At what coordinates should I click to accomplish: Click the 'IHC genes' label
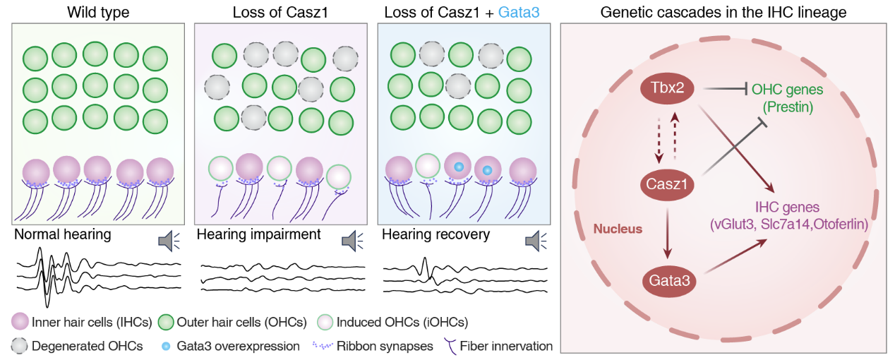pyautogui.click(x=786, y=208)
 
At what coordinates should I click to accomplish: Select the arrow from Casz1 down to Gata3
pyautogui.click(x=667, y=233)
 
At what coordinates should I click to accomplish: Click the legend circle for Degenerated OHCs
pyautogui.click(x=20, y=347)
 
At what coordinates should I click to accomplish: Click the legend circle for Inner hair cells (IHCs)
pyautogui.click(x=20, y=323)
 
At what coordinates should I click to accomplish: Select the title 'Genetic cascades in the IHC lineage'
pyautogui.click(x=723, y=12)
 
